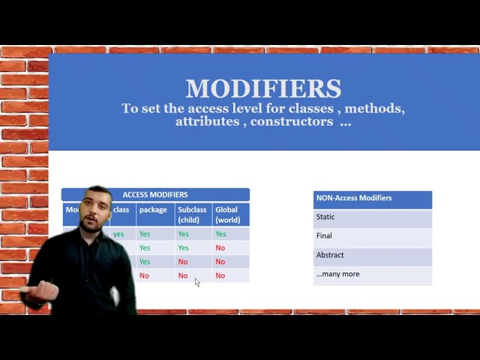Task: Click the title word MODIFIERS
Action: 263,88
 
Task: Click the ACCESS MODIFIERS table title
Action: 155,195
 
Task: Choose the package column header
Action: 153,210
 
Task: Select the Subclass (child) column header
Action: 192,214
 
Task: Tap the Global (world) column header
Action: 228,214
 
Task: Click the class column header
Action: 121,210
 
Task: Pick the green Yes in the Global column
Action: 220,234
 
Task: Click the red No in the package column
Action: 144,276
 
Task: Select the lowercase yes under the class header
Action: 118,234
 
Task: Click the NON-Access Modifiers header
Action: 354,198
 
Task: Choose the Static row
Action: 325,217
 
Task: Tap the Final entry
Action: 324,235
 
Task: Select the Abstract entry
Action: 330,255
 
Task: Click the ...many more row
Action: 337,274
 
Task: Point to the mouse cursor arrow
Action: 197,282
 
